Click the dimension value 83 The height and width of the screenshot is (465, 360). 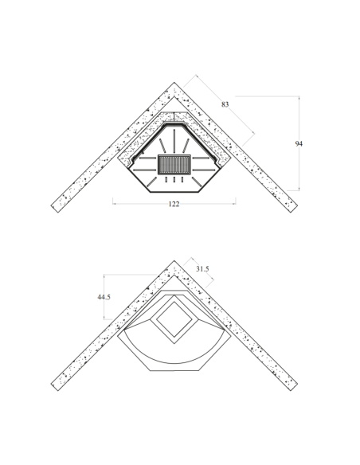click(x=225, y=104)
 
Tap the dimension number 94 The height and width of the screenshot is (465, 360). click(x=299, y=144)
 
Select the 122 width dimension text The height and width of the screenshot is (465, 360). click(x=174, y=204)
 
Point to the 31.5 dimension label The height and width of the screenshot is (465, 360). click(x=202, y=269)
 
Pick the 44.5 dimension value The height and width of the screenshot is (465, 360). click(x=104, y=297)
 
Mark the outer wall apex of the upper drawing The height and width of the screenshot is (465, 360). click(x=174, y=83)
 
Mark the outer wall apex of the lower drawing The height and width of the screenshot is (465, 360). click(x=174, y=260)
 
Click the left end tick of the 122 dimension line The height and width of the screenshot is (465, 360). click(x=112, y=201)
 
